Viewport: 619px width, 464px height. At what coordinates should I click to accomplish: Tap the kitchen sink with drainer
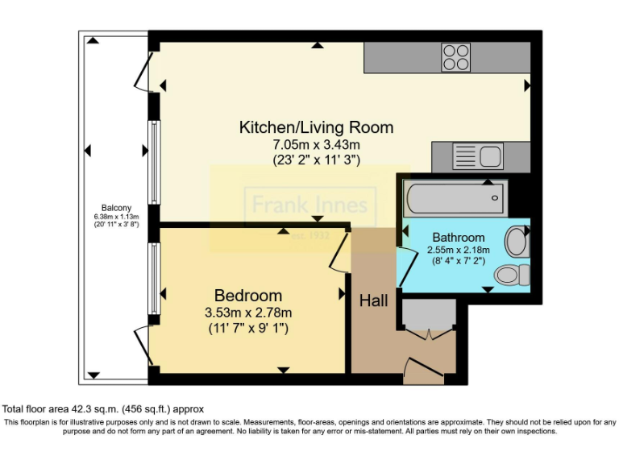pos(477,155)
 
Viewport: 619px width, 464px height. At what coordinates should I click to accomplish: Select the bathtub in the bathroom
pos(456,197)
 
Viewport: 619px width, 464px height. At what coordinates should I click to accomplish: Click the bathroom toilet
pos(511,275)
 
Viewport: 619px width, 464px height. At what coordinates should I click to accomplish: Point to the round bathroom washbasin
pos(516,242)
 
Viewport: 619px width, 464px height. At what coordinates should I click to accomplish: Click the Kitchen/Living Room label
pos(316,127)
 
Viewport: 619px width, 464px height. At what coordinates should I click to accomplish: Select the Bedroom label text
pos(248,296)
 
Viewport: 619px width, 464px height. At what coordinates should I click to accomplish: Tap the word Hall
pos(373,301)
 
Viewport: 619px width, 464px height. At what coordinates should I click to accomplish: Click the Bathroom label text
pos(459,238)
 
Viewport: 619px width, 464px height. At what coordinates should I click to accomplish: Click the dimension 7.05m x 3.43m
pos(316,144)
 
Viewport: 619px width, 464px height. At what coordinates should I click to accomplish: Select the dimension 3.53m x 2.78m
pos(248,313)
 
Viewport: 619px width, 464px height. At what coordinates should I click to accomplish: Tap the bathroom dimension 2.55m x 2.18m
pos(459,251)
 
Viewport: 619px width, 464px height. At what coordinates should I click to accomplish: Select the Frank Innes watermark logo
pos(310,206)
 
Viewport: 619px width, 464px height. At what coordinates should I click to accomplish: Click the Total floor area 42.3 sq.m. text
pos(104,408)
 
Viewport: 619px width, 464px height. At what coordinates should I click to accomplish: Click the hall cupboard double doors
pos(430,327)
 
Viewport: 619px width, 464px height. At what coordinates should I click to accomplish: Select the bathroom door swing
pos(409,265)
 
